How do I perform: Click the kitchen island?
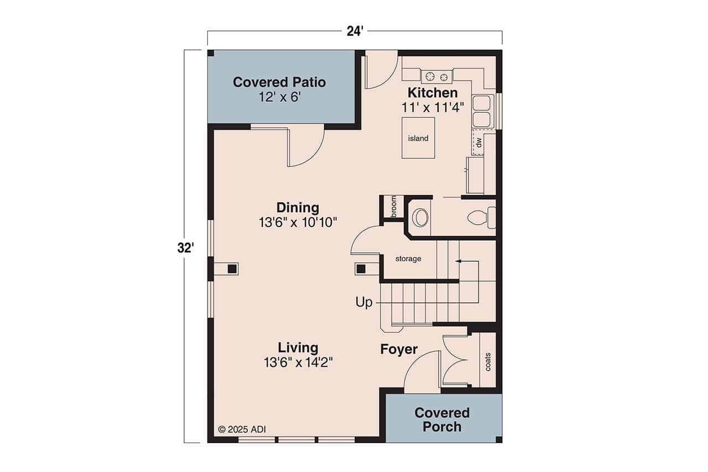[x=418, y=138]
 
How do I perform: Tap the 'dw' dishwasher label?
[x=479, y=143]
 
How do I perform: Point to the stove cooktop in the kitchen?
[x=436, y=76]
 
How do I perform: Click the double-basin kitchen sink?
[x=482, y=111]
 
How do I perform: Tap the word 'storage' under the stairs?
[x=408, y=258]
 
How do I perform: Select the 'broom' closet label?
[x=394, y=206]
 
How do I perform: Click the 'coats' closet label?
[x=488, y=362]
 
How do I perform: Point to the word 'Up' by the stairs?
[x=364, y=302]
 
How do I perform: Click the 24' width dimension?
[x=354, y=32]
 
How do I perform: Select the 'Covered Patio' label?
[x=279, y=82]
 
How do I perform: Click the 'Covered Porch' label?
[x=442, y=420]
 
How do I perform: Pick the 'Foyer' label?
[x=398, y=350]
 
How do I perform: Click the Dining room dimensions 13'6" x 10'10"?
[x=298, y=222]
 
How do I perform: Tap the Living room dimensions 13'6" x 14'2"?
[x=298, y=362]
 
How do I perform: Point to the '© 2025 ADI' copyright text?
[x=242, y=429]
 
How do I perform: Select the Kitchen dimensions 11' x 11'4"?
[x=433, y=107]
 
